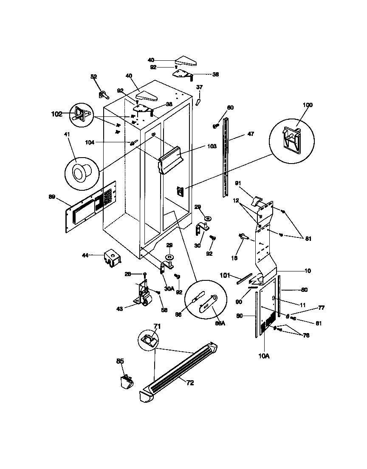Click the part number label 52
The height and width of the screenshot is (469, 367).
click(93, 76)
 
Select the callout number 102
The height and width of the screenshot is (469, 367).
click(56, 114)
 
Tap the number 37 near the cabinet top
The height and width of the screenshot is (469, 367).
click(199, 87)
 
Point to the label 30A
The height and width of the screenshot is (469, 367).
click(169, 288)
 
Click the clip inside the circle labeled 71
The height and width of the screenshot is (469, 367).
click(148, 339)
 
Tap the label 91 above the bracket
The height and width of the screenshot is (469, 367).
click(238, 183)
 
